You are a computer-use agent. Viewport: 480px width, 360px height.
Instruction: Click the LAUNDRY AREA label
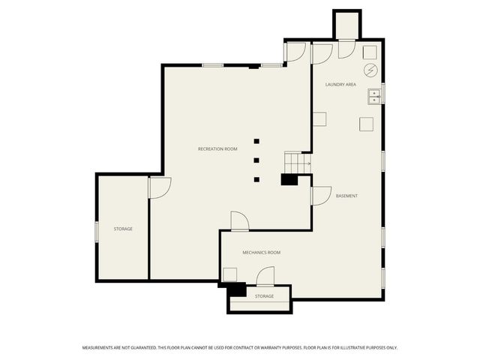coord(340,85)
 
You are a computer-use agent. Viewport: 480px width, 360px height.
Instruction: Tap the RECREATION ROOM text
coord(217,149)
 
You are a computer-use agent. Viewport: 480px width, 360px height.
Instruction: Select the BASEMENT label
coord(346,196)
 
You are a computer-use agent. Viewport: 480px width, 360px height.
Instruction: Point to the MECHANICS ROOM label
coord(261,253)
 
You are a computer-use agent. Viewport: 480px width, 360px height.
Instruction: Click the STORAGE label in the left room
coord(123,229)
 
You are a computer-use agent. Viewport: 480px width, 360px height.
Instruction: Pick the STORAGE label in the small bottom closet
coord(264,296)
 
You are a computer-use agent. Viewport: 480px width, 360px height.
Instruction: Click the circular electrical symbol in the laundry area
coord(370,70)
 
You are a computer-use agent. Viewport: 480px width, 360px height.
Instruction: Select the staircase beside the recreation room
coord(296,161)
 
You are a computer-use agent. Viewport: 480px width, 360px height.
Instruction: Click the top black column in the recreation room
coord(256,141)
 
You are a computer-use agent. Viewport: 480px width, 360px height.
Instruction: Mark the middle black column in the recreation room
coord(256,160)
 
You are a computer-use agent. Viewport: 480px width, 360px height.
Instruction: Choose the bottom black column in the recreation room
coord(256,180)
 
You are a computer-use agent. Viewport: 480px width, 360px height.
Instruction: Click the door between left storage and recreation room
coord(159,187)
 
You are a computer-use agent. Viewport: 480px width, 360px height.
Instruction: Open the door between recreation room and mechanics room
coord(239,221)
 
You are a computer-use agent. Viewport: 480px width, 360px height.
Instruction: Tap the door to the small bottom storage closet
coord(265,277)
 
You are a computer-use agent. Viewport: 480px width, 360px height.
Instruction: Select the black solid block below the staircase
coord(289,179)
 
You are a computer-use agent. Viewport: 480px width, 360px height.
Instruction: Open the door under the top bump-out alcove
coord(347,49)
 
